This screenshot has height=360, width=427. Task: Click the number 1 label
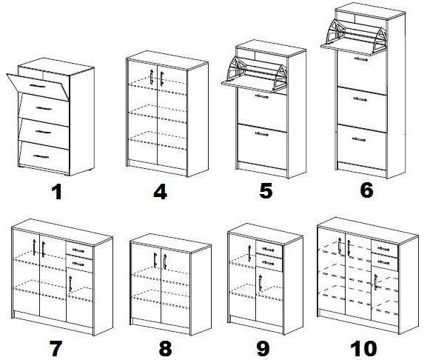(x=57, y=192)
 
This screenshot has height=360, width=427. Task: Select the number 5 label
(x=266, y=190)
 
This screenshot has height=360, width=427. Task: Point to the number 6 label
(x=366, y=190)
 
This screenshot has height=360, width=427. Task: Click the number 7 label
(x=56, y=349)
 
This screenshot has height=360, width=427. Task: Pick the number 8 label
(x=165, y=349)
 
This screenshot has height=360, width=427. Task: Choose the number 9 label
(x=263, y=349)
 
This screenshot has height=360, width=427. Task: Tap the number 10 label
(x=363, y=349)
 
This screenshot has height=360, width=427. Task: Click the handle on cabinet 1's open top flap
(x=38, y=86)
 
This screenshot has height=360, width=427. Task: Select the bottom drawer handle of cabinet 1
(x=41, y=156)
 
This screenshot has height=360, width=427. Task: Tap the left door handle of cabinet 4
(x=152, y=77)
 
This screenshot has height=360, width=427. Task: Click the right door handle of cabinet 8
(x=165, y=261)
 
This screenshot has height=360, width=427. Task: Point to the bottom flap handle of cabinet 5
(x=262, y=133)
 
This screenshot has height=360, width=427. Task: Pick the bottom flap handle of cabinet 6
(x=359, y=139)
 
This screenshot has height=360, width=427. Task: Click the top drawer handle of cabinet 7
(x=78, y=250)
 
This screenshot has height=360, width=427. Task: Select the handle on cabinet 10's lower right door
(x=376, y=282)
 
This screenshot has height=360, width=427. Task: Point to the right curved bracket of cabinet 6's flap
(x=380, y=39)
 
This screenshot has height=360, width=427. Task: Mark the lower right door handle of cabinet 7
(x=70, y=284)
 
